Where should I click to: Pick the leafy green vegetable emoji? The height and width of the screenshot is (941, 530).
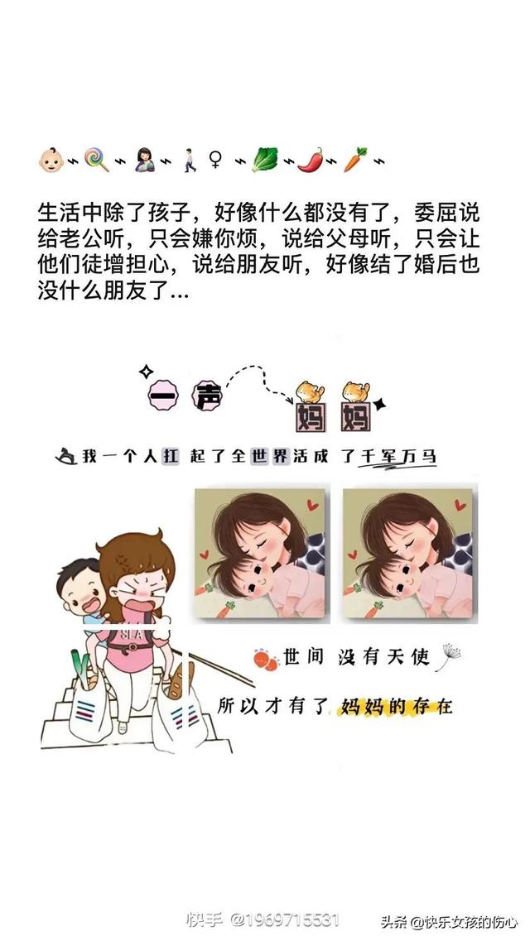point(264,158)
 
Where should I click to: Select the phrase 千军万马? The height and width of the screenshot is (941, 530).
point(397,456)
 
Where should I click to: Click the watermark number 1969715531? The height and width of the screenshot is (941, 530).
point(286,920)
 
